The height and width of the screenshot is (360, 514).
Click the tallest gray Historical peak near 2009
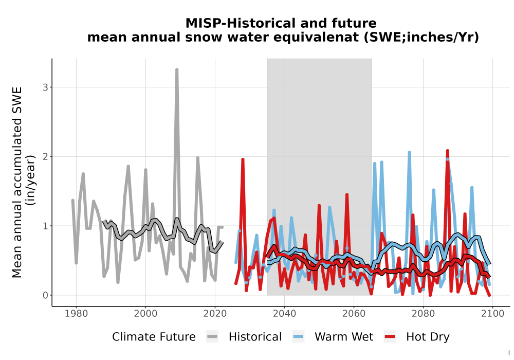(x=177, y=70)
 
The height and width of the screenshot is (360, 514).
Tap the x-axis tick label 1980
(x=76, y=314)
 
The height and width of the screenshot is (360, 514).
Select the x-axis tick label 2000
(x=145, y=314)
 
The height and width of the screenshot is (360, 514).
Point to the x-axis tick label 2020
(x=215, y=314)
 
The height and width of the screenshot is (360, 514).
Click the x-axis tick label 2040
(x=285, y=314)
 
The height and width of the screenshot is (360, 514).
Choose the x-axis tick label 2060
(x=354, y=314)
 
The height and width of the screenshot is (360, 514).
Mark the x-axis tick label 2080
(x=423, y=314)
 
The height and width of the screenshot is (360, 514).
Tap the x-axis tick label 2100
(x=492, y=314)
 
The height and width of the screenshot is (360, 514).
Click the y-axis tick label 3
(x=45, y=87)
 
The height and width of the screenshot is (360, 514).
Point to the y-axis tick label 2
(x=45, y=157)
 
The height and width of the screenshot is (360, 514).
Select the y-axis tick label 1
(x=45, y=226)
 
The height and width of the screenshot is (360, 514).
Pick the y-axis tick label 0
(x=45, y=295)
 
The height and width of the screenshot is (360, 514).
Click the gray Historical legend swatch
(x=212, y=337)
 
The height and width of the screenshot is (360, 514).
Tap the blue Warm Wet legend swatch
(x=298, y=337)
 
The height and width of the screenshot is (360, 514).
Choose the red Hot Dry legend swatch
(x=390, y=337)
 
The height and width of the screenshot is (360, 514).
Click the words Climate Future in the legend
(x=154, y=337)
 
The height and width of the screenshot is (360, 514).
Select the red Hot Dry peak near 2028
(x=243, y=159)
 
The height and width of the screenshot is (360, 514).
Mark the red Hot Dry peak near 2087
(x=448, y=151)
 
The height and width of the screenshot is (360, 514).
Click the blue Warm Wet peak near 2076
(x=410, y=152)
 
